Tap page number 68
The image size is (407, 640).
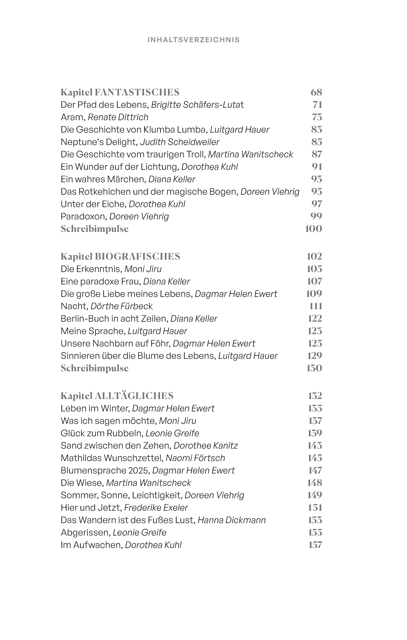point(316,92)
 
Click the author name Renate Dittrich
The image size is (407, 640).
point(118,117)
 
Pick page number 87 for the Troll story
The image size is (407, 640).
point(317,154)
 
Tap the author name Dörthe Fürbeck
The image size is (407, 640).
point(122,306)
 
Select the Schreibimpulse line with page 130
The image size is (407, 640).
point(95,368)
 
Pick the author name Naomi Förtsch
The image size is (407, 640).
point(195,458)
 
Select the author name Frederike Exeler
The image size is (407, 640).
point(156,508)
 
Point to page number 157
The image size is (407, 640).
point(315,545)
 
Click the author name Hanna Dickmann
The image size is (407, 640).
point(232,520)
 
